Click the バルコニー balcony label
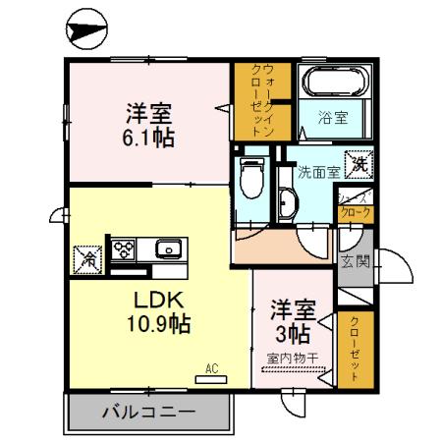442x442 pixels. (x=147, y=413)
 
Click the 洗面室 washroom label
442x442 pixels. (x=318, y=169)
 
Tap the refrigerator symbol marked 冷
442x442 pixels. (x=85, y=259)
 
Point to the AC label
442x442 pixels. (x=210, y=369)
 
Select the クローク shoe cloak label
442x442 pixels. (x=355, y=210)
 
